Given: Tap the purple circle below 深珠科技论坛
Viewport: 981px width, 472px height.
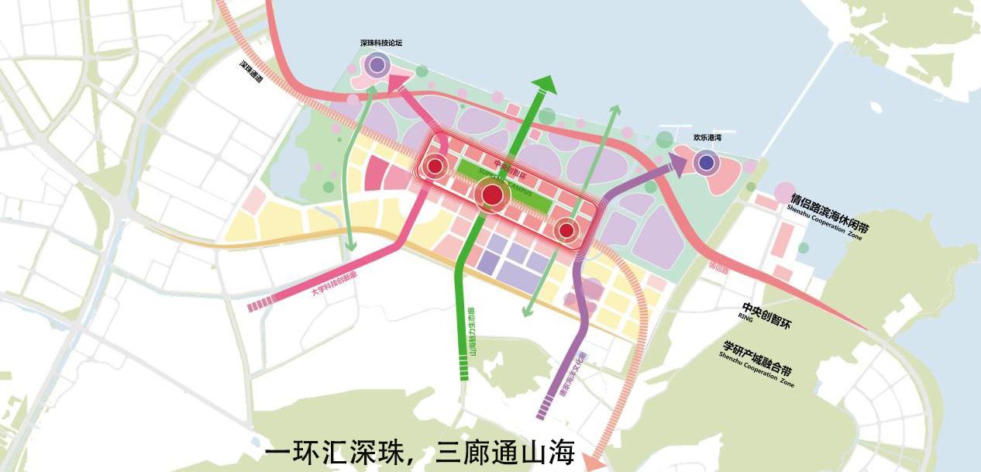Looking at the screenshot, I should [x=377, y=65].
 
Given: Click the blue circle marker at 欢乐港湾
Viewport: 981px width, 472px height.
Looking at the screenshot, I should [x=706, y=162].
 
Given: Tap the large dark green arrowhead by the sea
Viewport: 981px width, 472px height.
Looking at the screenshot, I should [x=544, y=83].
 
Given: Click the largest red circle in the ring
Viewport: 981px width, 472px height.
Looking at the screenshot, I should [x=492, y=195].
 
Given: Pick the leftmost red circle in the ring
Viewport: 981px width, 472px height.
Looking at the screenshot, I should [x=435, y=166].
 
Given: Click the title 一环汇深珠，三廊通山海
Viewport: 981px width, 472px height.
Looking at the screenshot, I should [x=419, y=452].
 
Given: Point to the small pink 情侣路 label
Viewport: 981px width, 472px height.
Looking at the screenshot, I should [x=718, y=267].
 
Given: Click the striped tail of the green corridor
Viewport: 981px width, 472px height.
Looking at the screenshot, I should [x=464, y=373].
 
